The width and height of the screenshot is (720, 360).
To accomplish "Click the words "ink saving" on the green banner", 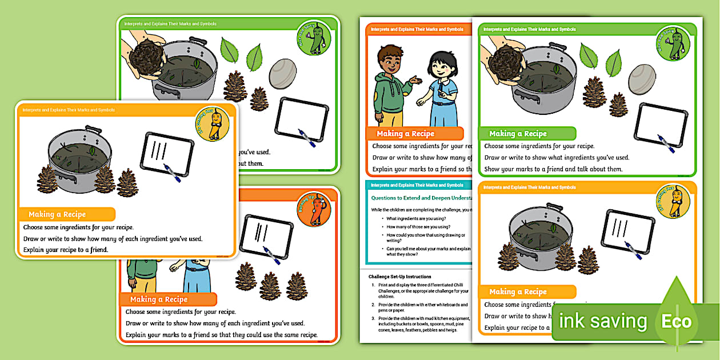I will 603,321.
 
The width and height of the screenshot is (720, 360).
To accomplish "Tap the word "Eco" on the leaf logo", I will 677,321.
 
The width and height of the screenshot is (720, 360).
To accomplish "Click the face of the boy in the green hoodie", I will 388,58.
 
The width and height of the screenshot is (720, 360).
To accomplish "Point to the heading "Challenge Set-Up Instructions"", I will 399,277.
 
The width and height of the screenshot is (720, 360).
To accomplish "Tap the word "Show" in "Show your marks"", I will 491,169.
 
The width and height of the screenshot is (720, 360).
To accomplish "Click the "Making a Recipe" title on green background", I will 518,134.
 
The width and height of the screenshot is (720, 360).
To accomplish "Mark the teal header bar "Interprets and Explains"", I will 417,185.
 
